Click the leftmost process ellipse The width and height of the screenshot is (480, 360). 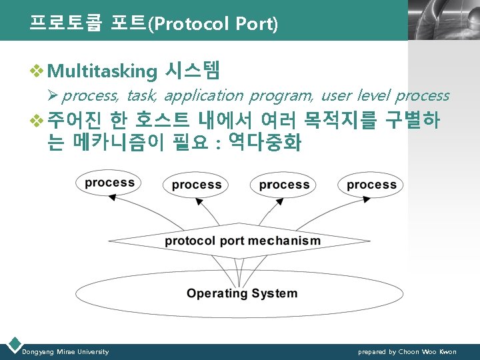110,183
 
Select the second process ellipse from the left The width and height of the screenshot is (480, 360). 196,185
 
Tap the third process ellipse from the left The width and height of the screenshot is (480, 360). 284,185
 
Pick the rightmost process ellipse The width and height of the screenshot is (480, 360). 371,185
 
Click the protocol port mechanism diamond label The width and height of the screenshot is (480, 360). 243,241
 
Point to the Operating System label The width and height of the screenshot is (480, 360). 242,293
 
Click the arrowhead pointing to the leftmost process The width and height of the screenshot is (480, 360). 113,197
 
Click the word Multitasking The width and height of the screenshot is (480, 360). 103,70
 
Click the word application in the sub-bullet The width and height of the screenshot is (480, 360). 204,96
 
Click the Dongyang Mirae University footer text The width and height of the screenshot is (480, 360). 65,351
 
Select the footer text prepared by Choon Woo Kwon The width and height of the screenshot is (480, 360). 407,351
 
